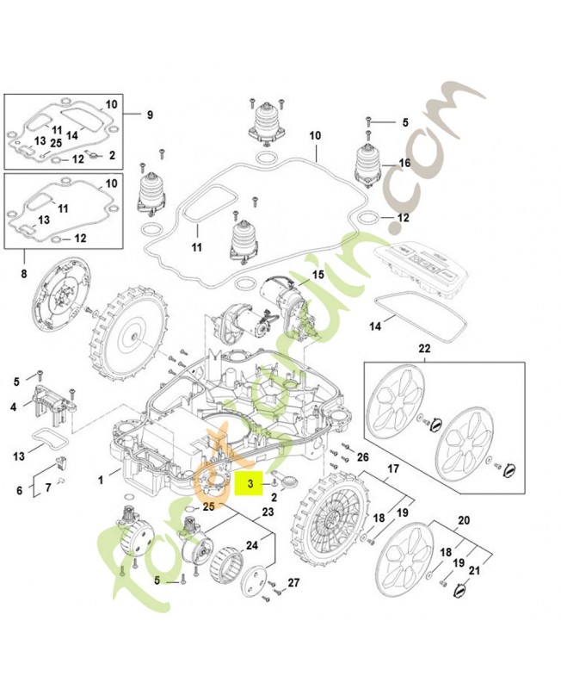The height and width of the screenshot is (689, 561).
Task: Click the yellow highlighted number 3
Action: pos(250,485)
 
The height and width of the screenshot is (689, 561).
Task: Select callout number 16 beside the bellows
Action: pos(404,163)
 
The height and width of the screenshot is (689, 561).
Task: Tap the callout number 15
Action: pos(318,275)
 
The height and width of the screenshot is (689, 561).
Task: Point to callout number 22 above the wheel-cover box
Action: pos(423,349)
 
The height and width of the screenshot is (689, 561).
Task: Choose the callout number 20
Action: pos(464,519)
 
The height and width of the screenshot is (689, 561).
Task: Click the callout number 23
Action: pos(267,512)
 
